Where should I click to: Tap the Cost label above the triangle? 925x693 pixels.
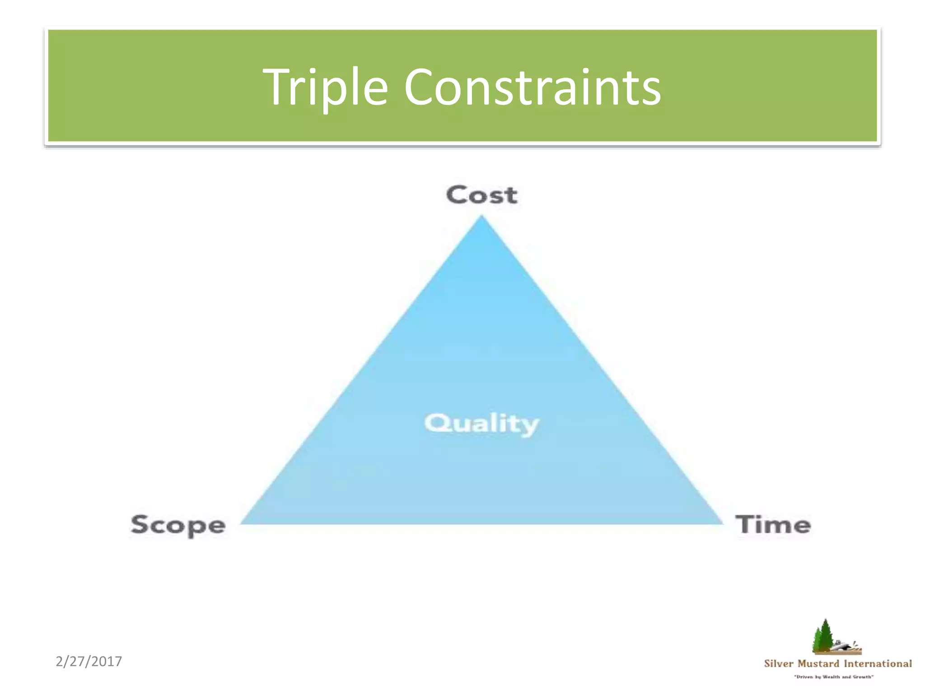click(481, 195)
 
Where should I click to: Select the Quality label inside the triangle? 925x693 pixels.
click(481, 424)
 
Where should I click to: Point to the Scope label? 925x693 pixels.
click(178, 525)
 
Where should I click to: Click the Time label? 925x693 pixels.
click(773, 525)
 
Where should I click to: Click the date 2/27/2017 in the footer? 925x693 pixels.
click(89, 661)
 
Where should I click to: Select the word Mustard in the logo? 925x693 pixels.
click(818, 664)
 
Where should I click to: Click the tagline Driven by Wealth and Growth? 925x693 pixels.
click(834, 677)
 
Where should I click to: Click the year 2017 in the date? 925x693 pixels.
click(107, 661)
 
